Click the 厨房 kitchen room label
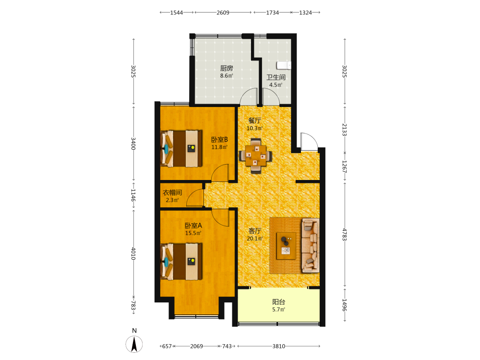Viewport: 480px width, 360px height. [x=227, y=68]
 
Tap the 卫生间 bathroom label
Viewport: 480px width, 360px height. [x=276, y=77]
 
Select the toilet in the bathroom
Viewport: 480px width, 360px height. [x=284, y=65]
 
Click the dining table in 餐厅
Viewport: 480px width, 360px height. [x=255, y=156]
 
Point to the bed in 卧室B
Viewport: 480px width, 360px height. [x=181, y=149]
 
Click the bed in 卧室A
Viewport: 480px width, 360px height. [x=181, y=262]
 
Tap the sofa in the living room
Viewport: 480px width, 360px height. [x=311, y=245]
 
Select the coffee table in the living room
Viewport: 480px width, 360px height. [x=286, y=246]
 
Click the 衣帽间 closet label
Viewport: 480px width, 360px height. [x=172, y=192]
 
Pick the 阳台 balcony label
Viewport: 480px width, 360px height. [x=278, y=302]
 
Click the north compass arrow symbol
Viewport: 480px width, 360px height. [x=134, y=344]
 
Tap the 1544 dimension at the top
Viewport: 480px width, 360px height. [x=177, y=12]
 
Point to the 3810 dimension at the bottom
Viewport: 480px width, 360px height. [x=278, y=346]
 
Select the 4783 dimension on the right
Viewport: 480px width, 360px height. [x=345, y=235]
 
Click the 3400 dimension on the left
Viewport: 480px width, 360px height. [x=133, y=143]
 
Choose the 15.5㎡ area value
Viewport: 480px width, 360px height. [x=193, y=233]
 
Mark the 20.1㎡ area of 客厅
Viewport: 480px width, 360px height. [x=255, y=238]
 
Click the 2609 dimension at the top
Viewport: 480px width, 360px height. [x=223, y=12]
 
